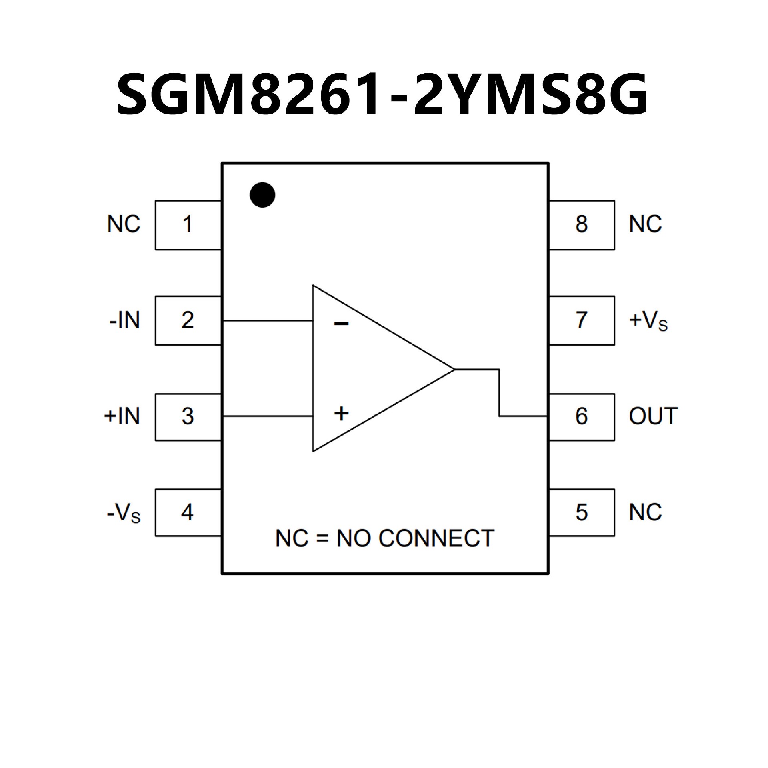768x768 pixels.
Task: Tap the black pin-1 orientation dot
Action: tap(262, 195)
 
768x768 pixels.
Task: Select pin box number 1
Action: tap(188, 225)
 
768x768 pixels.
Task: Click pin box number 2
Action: tap(188, 320)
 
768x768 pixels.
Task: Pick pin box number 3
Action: tap(188, 417)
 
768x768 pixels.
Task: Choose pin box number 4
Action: tap(188, 512)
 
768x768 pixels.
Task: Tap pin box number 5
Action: tap(582, 512)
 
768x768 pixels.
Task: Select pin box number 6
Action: tap(582, 417)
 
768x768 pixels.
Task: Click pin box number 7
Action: tap(582, 320)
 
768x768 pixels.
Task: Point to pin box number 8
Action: tap(582, 225)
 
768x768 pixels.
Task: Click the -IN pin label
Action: tap(124, 321)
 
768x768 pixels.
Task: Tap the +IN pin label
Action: tap(122, 416)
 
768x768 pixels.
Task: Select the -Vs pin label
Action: tap(124, 514)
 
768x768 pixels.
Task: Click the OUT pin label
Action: tap(653, 416)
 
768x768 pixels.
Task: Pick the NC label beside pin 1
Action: tap(124, 224)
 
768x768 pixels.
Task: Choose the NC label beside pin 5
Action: tap(645, 512)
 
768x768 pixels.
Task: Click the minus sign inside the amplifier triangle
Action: tap(341, 324)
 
